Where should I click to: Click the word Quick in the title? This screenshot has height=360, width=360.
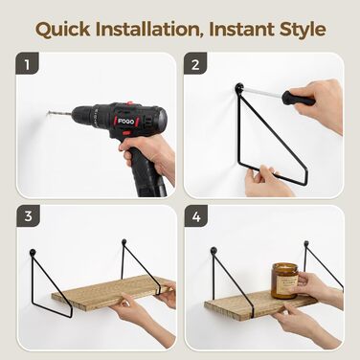[x=63, y=30]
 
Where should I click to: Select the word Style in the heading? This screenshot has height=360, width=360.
[x=303, y=30]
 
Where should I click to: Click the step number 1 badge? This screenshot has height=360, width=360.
[x=27, y=64]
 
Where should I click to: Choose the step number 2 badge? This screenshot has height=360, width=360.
[x=195, y=64]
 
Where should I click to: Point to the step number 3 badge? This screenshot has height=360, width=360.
[x=28, y=216]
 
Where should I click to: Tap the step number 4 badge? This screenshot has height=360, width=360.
[x=196, y=216]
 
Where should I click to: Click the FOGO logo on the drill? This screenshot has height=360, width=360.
[x=126, y=122]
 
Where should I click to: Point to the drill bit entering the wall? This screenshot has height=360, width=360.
[x=59, y=113]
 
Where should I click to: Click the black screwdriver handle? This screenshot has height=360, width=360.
[x=298, y=98]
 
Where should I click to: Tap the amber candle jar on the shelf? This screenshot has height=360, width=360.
[x=284, y=281]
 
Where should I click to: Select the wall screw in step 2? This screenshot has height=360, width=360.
[x=239, y=87]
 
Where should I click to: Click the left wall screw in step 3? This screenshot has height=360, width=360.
[x=33, y=253]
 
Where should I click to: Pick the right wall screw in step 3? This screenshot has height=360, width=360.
[x=124, y=241]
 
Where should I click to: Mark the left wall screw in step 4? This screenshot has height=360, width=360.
[x=214, y=250]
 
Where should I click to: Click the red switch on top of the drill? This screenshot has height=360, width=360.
[x=129, y=103]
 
